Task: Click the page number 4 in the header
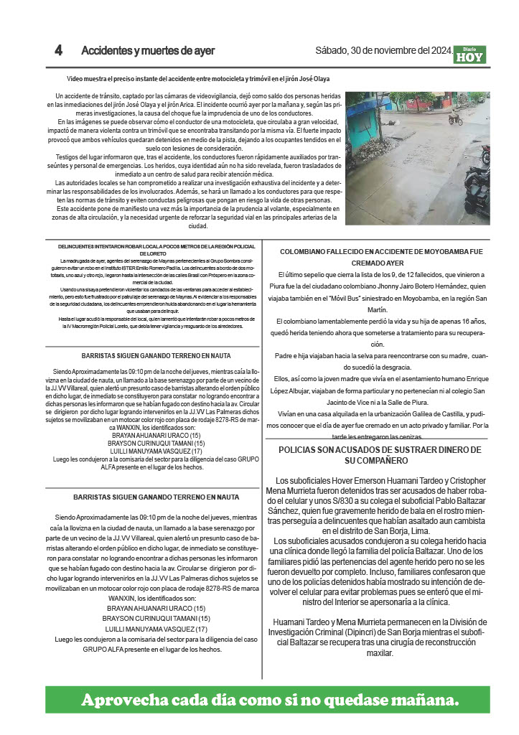59,51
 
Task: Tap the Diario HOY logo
469,55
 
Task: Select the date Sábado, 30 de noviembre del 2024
383,51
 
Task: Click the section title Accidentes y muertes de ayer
148,51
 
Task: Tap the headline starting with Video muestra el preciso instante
198,78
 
